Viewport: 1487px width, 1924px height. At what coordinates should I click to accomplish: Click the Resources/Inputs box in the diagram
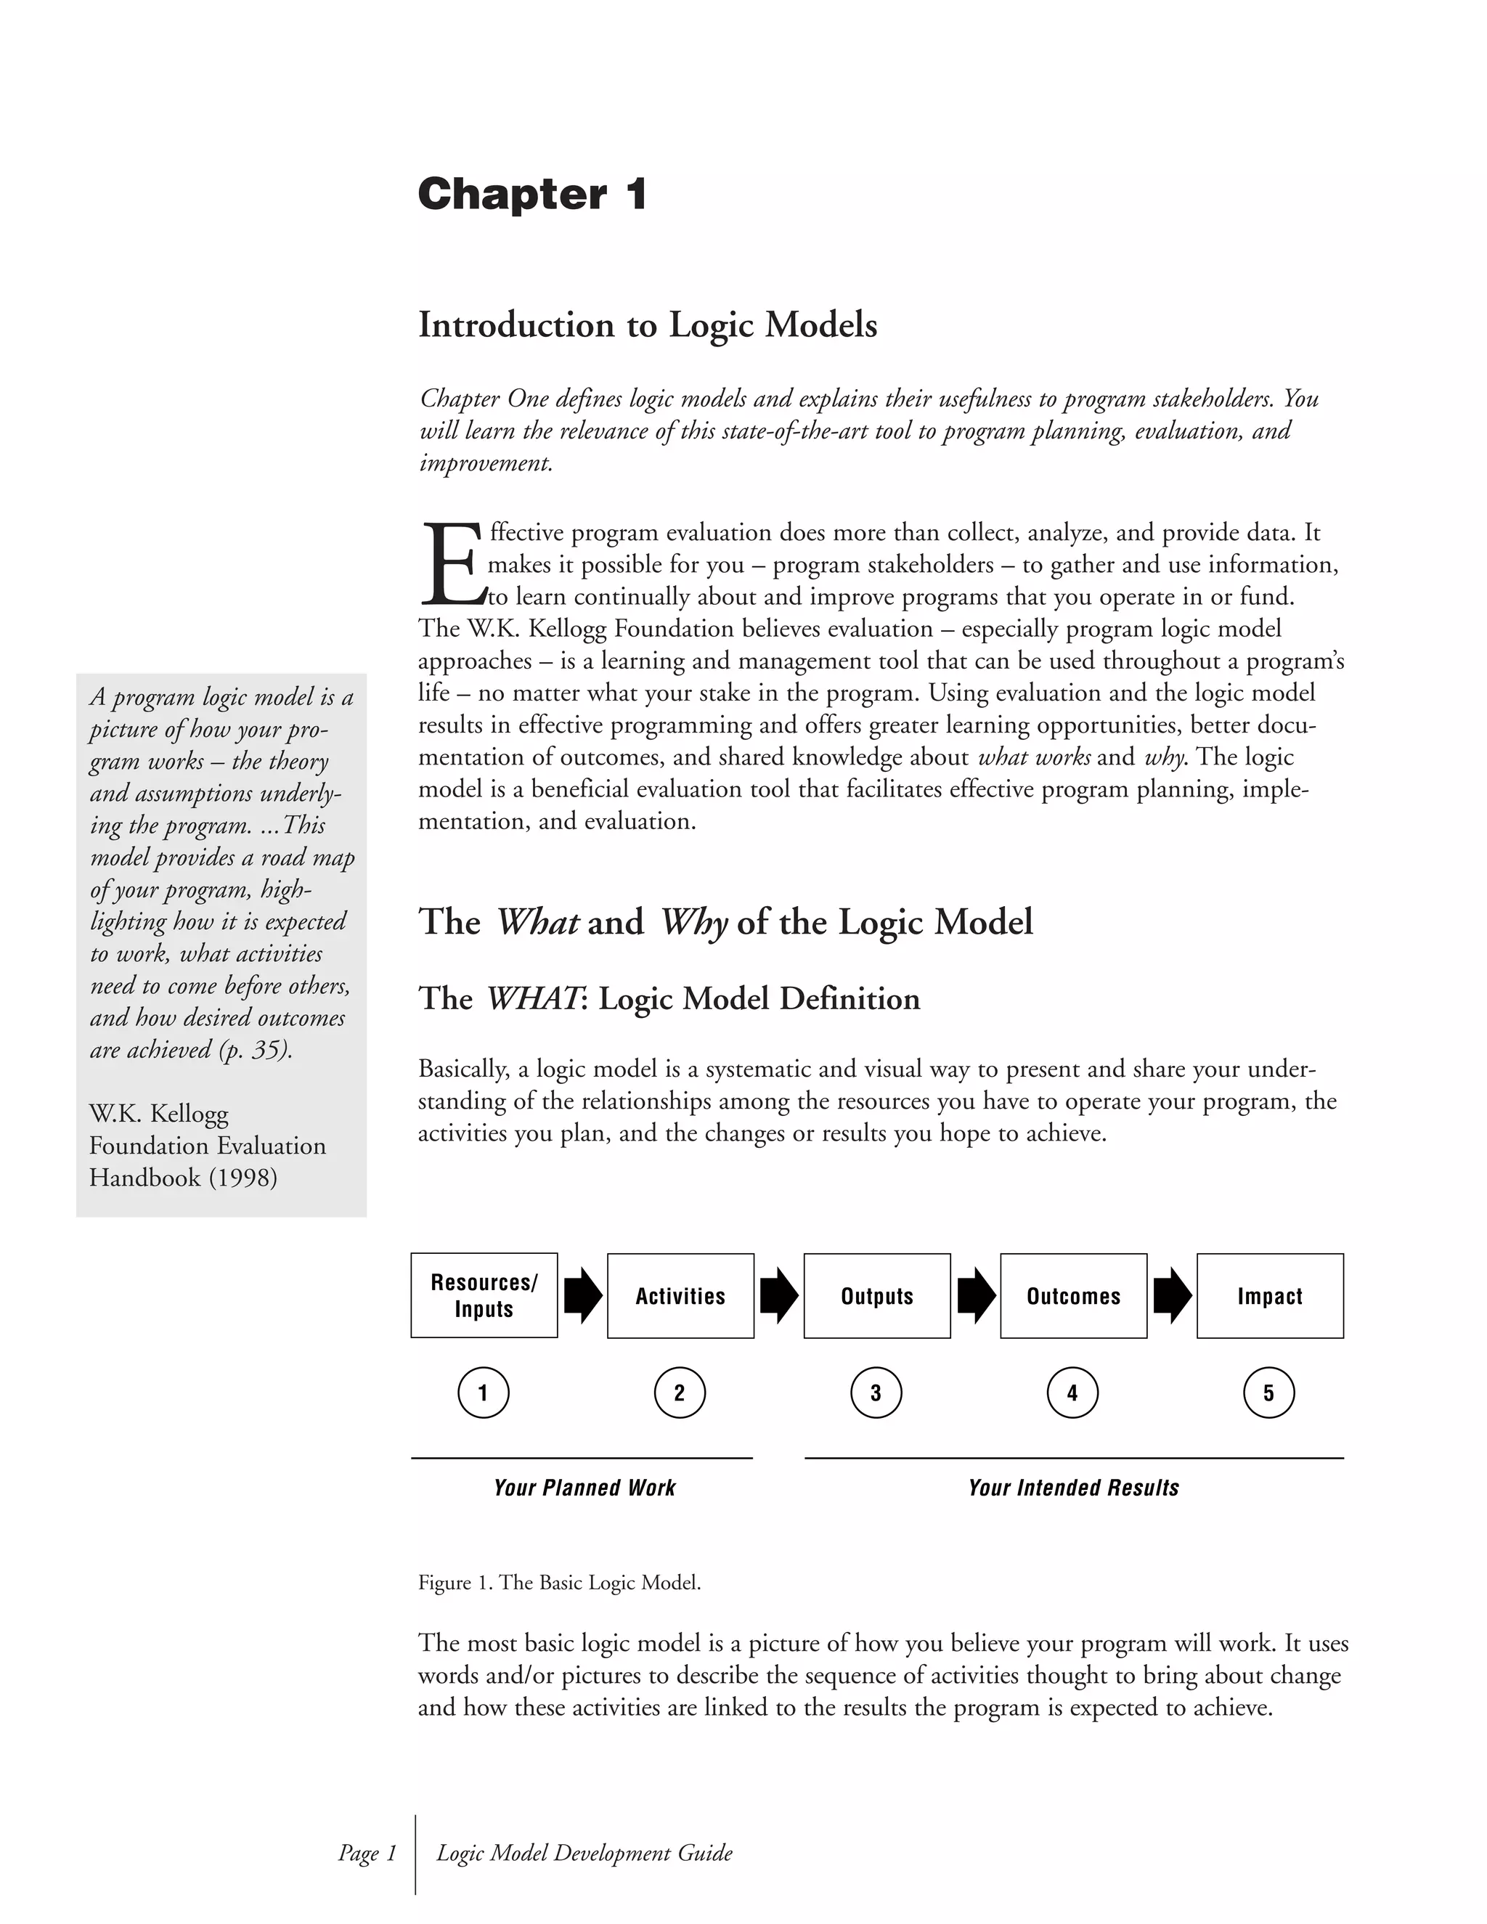pos(484,1295)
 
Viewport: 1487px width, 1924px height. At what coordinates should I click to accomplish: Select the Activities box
pos(680,1296)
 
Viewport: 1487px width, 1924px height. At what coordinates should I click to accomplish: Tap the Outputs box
pos(876,1296)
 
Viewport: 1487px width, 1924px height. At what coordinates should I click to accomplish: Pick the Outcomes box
pos(1073,1296)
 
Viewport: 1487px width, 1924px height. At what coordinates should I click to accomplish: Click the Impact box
pos(1269,1296)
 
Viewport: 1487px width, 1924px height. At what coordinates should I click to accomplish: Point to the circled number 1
pos(484,1393)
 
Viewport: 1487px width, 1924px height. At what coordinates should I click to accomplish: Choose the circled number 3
pos(876,1393)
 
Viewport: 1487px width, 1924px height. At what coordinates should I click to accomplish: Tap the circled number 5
pos(1268,1393)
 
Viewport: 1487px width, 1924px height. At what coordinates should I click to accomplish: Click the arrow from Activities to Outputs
pos(779,1295)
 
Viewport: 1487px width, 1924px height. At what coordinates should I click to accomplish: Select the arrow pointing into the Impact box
pos(1172,1295)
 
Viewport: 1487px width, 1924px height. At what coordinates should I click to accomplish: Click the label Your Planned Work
pos(584,1488)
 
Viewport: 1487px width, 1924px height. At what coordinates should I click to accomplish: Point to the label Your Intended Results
pos(1073,1488)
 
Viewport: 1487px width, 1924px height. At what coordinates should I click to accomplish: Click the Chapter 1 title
pos(532,194)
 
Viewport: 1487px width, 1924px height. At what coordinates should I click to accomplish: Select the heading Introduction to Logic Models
pos(648,325)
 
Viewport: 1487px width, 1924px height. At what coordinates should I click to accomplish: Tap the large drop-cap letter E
pos(451,564)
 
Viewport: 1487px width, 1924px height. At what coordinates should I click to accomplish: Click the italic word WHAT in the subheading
pos(532,999)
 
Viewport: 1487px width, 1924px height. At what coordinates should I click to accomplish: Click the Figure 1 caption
pos(559,1582)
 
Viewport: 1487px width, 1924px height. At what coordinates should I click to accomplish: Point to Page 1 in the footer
pos(367,1853)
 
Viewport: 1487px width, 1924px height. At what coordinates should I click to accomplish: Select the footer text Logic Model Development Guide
pos(584,1853)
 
